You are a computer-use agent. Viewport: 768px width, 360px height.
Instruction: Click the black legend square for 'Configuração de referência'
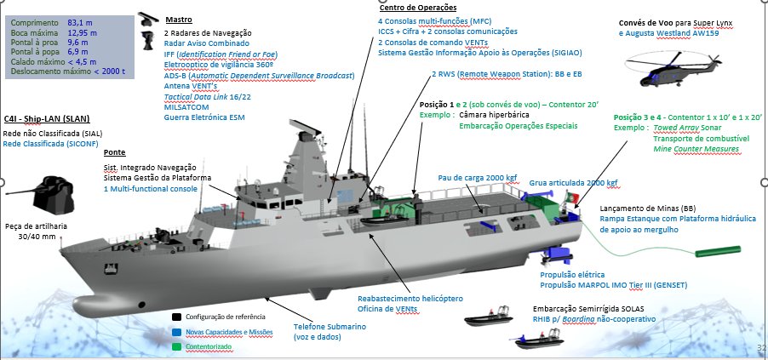[177, 315]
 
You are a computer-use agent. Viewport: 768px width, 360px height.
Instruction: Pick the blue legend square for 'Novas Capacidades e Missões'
[177, 333]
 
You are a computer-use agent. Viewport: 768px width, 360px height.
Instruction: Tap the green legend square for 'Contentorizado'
[177, 346]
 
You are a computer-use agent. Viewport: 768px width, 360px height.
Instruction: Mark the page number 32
[761, 348]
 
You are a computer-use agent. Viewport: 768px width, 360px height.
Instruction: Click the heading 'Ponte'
[114, 152]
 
